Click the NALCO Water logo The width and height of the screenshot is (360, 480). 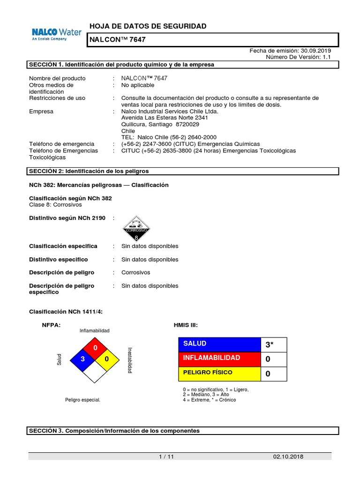[56, 34]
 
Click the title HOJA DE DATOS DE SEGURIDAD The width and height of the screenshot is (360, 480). [148, 26]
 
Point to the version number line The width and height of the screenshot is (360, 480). [299, 57]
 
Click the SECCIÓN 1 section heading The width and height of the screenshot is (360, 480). [122, 65]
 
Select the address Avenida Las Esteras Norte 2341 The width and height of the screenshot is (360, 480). [165, 118]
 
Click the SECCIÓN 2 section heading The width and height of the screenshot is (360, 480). [89, 172]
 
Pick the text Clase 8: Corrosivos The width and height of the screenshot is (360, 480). [55, 205]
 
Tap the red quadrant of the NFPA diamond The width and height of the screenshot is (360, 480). [95, 347]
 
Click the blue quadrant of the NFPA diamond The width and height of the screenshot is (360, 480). [83, 359]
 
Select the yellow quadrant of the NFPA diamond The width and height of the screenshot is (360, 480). [107, 359]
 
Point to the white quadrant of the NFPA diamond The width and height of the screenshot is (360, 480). [95, 371]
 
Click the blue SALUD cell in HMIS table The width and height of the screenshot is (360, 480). [219, 344]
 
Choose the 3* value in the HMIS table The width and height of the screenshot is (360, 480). [274, 345]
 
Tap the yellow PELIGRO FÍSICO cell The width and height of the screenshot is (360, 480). [219, 374]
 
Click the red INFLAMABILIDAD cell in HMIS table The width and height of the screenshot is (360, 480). [219, 359]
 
